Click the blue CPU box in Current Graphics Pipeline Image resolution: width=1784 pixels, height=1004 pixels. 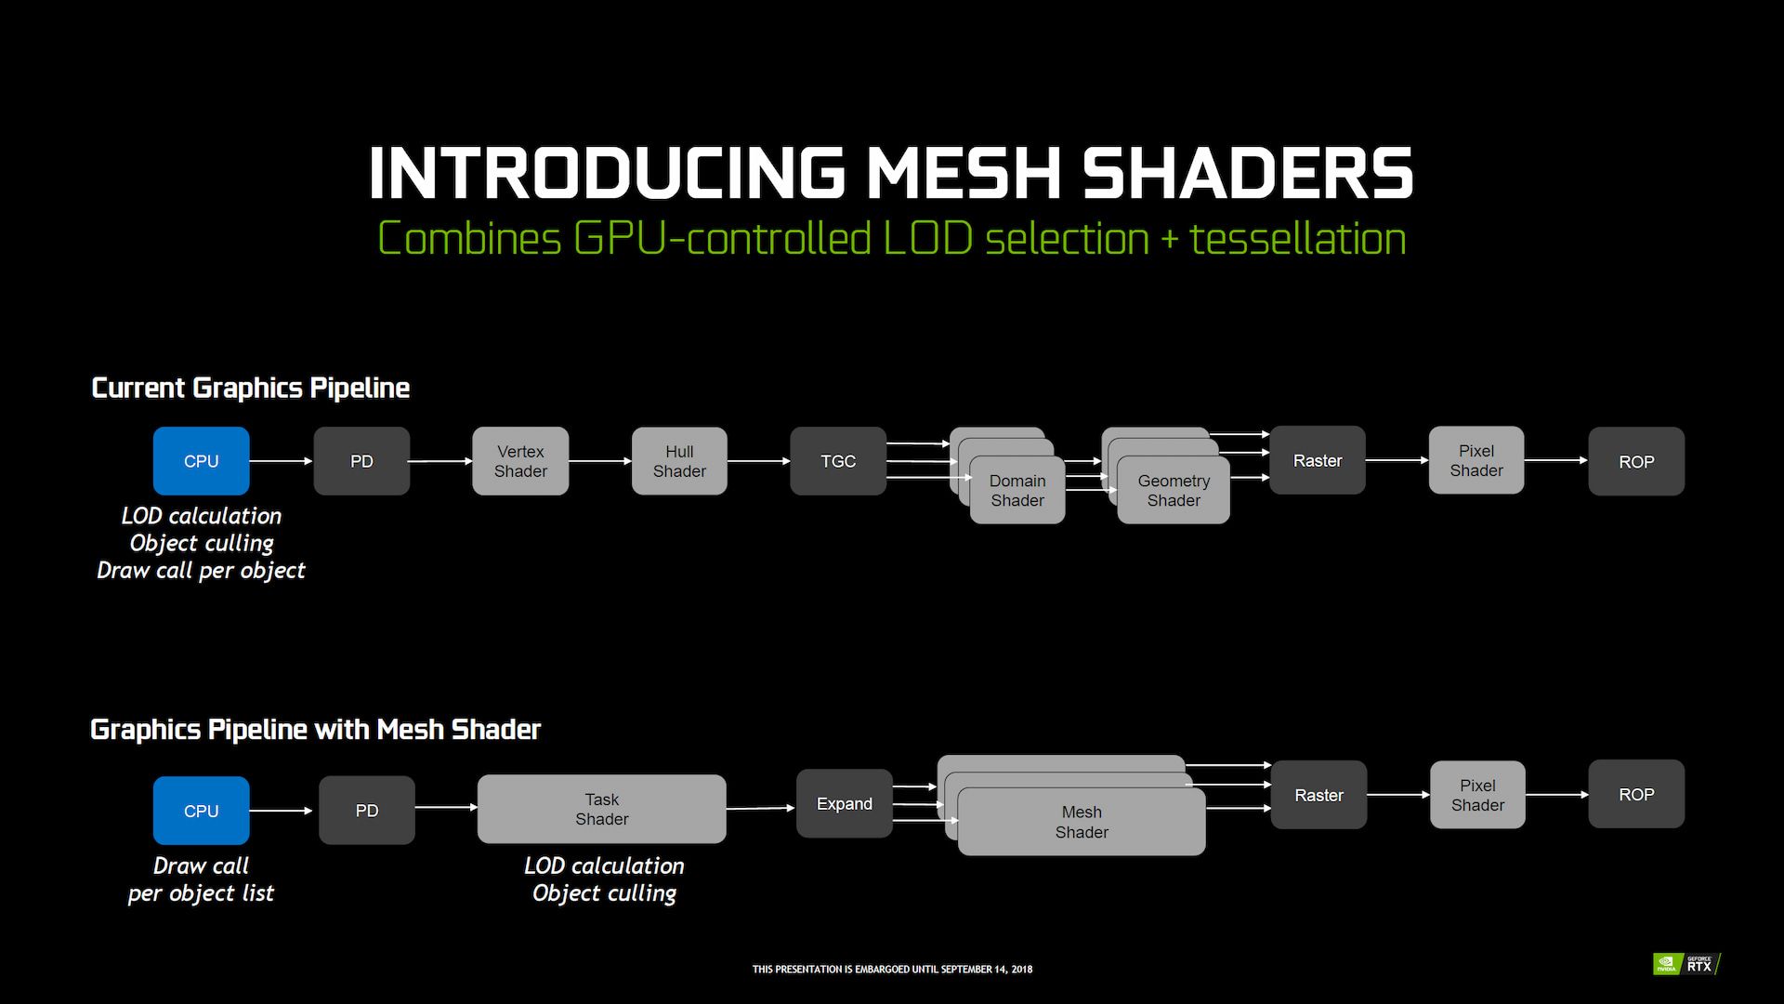(201, 461)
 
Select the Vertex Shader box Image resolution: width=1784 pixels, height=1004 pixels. (520, 461)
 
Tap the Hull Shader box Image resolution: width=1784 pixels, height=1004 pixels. (679, 461)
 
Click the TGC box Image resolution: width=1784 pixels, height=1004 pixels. (838, 461)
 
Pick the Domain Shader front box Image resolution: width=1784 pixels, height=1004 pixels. (1017, 491)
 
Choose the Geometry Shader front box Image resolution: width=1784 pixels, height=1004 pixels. (1174, 491)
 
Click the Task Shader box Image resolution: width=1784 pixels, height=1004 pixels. (601, 809)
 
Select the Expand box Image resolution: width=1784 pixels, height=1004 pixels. (844, 804)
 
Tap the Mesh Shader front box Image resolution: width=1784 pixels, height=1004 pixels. (1082, 822)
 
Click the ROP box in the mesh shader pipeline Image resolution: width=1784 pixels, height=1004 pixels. (1636, 795)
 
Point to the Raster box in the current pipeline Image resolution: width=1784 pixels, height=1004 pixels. (1318, 460)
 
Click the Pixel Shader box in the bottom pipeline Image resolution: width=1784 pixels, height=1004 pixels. (1477, 795)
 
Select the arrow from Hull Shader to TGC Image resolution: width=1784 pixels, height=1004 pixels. (758, 461)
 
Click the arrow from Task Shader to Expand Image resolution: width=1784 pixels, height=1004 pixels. (761, 808)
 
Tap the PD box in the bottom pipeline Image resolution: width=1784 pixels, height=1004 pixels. (367, 811)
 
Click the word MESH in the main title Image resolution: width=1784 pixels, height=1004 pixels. (964, 174)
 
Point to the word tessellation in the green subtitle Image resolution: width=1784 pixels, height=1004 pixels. (1297, 239)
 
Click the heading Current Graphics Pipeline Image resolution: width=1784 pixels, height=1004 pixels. (250, 388)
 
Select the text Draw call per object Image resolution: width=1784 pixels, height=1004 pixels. (201, 571)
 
